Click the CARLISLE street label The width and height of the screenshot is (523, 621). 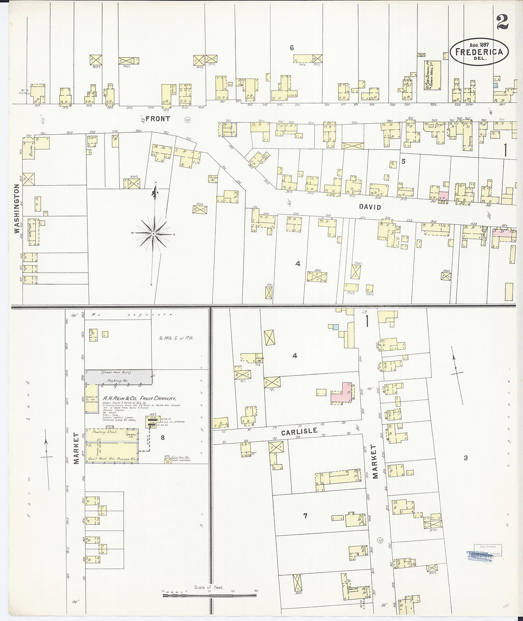coord(299,431)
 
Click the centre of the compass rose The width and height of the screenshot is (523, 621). coord(154,233)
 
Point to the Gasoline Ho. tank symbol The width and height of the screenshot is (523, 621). coord(168,461)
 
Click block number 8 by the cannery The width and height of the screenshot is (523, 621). coord(163,438)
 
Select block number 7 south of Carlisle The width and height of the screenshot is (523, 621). coord(306,515)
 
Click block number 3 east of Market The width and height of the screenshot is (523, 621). coord(465,458)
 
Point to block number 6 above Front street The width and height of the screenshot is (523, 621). coord(292,47)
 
